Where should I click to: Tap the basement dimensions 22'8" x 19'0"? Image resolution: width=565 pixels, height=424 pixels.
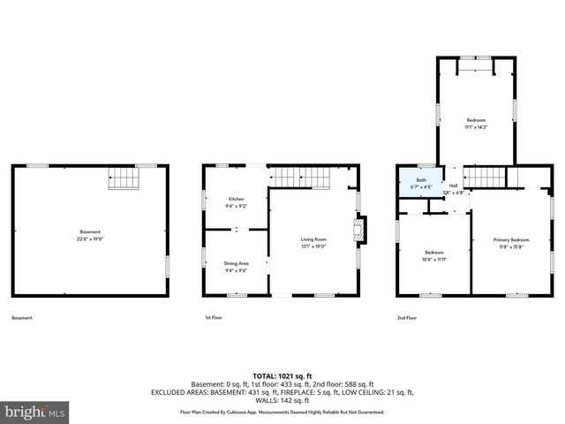91,238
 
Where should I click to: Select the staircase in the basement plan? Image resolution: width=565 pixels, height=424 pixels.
124,179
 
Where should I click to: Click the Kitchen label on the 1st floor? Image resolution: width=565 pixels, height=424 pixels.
236,199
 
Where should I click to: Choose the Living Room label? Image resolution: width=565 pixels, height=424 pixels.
313,238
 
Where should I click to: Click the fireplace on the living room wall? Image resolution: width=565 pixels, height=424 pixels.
358,231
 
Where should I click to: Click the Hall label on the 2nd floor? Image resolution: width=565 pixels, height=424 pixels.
453,185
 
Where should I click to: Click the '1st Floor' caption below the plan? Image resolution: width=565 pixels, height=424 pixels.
214,318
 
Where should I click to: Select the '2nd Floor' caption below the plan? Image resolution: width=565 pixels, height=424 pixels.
407,318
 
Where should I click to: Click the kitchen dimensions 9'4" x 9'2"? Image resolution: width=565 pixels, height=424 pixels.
236,206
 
